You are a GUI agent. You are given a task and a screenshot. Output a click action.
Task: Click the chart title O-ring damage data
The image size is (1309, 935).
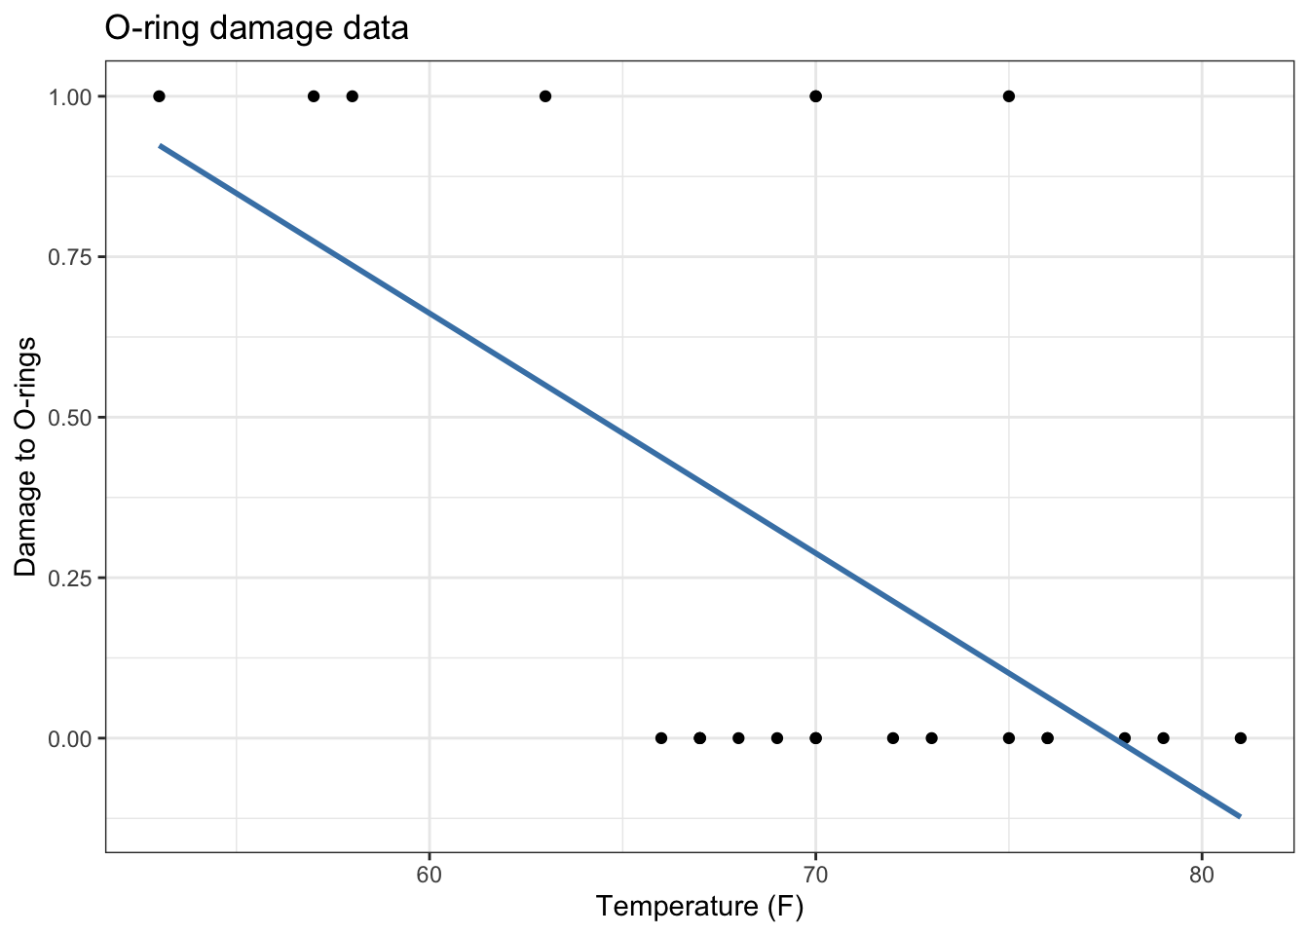256,28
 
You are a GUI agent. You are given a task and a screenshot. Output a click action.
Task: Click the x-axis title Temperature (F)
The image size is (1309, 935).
699,907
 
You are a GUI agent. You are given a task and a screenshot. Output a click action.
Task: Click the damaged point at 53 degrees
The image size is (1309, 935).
159,96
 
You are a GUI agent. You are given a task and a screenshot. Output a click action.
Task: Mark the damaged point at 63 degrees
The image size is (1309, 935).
545,96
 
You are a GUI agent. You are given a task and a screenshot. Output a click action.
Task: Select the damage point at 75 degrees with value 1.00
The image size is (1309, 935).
1009,96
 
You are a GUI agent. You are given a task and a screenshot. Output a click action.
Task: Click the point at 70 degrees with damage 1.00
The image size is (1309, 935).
816,96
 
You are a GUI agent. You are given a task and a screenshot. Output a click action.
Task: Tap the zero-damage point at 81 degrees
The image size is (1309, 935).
1241,738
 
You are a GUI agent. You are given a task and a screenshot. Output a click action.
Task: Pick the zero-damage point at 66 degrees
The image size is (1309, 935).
661,738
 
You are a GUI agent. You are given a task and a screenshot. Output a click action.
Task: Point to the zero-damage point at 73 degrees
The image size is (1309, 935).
931,738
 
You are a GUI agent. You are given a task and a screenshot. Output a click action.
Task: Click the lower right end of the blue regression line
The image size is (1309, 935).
1240,816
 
